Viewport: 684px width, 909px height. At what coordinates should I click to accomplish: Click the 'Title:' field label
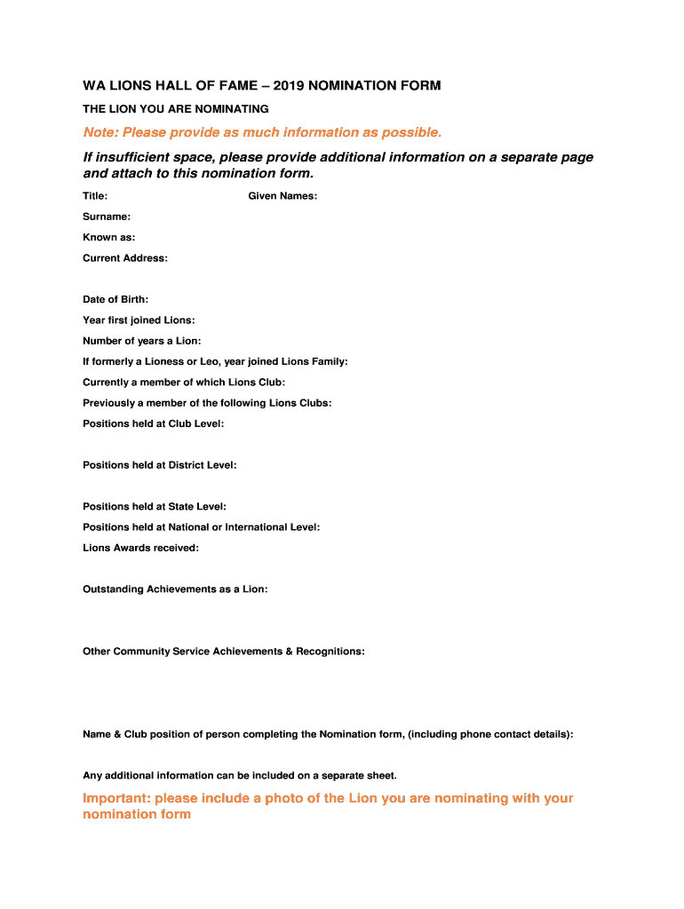click(x=95, y=196)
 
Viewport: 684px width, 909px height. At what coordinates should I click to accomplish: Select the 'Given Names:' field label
click(x=282, y=196)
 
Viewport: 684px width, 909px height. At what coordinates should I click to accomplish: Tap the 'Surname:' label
click(x=107, y=217)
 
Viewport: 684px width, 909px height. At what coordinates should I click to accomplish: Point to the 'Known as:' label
click(x=109, y=238)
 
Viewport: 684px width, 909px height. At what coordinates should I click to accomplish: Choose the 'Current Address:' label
click(x=124, y=258)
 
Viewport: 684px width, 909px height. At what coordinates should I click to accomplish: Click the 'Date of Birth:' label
click(x=115, y=300)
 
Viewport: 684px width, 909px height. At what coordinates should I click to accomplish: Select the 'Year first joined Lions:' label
click(x=139, y=320)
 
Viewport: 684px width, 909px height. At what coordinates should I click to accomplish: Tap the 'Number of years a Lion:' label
click(x=142, y=341)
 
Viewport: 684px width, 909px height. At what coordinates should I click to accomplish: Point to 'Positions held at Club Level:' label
click(x=153, y=424)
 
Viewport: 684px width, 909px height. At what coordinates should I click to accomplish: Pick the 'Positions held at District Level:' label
click(x=159, y=465)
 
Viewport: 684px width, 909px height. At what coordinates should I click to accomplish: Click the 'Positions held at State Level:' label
click(x=154, y=507)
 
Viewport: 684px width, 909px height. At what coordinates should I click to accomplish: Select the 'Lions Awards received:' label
click(x=140, y=549)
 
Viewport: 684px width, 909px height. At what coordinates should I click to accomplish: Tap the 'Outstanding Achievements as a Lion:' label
click(x=175, y=589)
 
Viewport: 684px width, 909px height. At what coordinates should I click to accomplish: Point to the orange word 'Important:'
click(x=116, y=799)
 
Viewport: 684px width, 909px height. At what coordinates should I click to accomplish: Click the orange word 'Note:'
click(x=100, y=133)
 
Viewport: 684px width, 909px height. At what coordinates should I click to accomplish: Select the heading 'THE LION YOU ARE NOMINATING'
click(x=176, y=109)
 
